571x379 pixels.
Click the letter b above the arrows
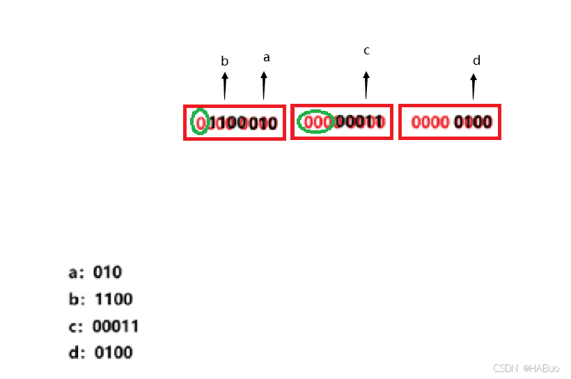pyautogui.click(x=224, y=61)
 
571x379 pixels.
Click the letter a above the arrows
pyautogui.click(x=266, y=58)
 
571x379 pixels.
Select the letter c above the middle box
pyautogui.click(x=366, y=50)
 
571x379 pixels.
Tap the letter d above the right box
pyautogui.click(x=476, y=61)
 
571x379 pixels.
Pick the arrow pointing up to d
pyautogui.click(x=474, y=86)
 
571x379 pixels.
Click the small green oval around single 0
pyautogui.click(x=200, y=123)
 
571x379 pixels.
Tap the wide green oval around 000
pyautogui.click(x=315, y=122)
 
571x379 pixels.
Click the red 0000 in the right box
pyautogui.click(x=430, y=123)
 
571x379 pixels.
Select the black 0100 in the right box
pyautogui.click(x=473, y=123)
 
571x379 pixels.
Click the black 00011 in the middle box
pyautogui.click(x=359, y=122)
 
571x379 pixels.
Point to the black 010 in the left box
pyautogui.click(x=263, y=124)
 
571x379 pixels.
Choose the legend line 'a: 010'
pyautogui.click(x=95, y=272)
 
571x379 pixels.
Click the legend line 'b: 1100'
pyautogui.click(x=101, y=300)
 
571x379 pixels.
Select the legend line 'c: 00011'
pyautogui.click(x=104, y=326)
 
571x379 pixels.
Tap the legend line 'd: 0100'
pyautogui.click(x=101, y=353)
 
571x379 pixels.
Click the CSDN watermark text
pyautogui.click(x=526, y=368)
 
